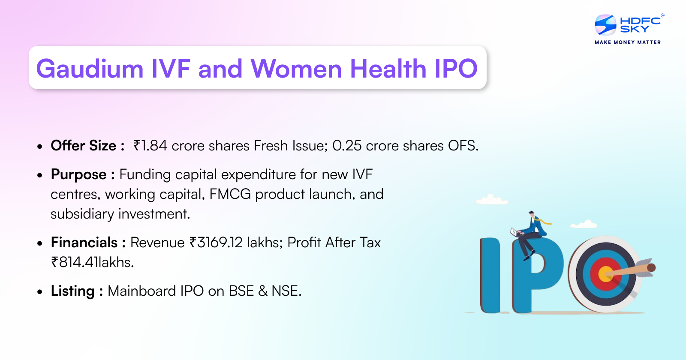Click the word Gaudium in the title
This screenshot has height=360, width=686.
(x=90, y=69)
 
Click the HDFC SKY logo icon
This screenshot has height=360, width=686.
(x=605, y=25)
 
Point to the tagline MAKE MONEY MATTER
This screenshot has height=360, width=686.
(x=628, y=42)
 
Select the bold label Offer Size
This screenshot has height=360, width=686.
(x=84, y=146)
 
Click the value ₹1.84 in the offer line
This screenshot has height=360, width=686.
(x=150, y=146)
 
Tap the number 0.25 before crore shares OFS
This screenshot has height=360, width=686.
(x=347, y=146)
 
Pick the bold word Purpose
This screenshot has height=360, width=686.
(x=78, y=174)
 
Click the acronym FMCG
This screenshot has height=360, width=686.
(x=230, y=194)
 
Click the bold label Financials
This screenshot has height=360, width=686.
(x=84, y=243)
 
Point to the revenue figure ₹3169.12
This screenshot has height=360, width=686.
(x=216, y=243)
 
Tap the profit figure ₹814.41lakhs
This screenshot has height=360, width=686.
(x=92, y=262)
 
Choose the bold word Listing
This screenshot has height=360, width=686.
(x=72, y=291)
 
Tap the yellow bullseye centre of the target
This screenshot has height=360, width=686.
(x=605, y=274)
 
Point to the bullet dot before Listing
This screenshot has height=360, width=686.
(x=40, y=292)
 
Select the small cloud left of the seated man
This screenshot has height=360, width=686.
(x=492, y=200)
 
